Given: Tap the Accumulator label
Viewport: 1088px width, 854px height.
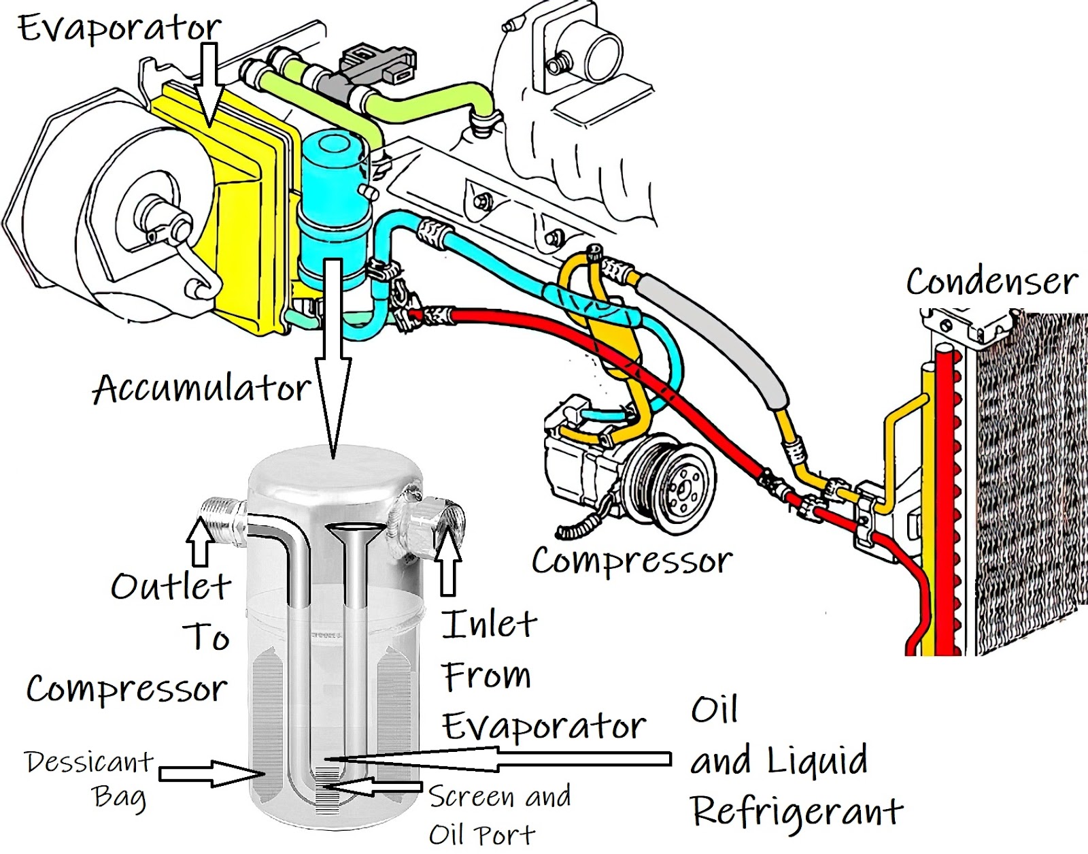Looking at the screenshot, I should coord(201,389).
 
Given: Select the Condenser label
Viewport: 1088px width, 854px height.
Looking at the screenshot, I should coord(991,281).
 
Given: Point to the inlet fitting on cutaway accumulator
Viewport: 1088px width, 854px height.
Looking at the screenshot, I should coord(435,519).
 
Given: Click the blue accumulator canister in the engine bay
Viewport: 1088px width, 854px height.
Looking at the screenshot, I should coord(333,204).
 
